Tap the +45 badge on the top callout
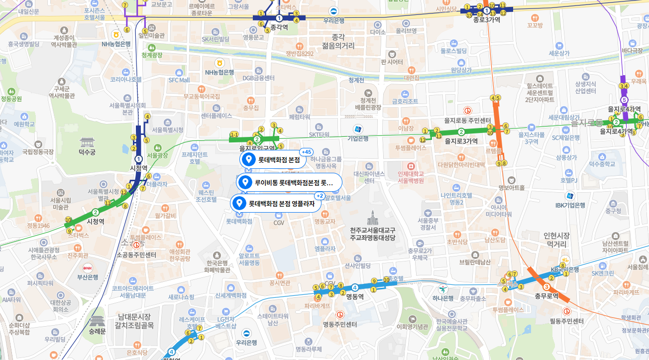point(307,152)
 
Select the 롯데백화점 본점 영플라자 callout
point(276,203)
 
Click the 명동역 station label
point(355,296)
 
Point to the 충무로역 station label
point(546,296)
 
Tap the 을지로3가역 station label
point(461,141)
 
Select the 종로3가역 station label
point(486,20)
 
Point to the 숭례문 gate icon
point(98,321)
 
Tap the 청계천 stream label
point(357,80)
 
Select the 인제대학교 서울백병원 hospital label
point(411,177)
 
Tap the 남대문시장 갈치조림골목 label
point(134,321)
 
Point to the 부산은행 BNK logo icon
point(88,267)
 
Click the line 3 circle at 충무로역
point(546,287)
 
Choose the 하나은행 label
point(442,298)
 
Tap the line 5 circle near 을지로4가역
point(624,100)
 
